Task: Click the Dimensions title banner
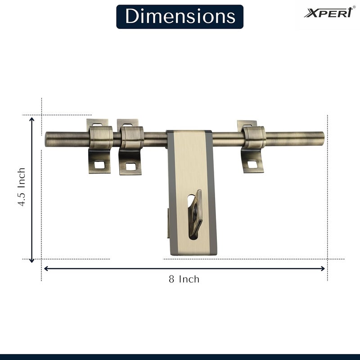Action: click(x=180, y=17)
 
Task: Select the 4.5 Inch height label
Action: click(x=21, y=187)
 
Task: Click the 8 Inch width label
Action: click(x=184, y=279)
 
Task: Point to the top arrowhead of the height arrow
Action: click(x=31, y=119)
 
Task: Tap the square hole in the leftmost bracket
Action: click(x=100, y=165)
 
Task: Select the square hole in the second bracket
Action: click(x=130, y=167)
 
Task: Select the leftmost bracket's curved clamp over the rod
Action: click(x=100, y=137)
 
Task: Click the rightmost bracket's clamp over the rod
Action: click(x=254, y=137)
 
